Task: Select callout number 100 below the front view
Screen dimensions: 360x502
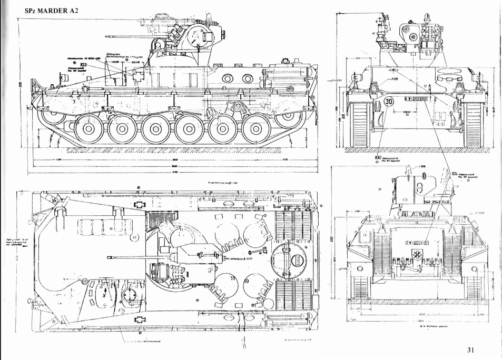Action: point(377,157)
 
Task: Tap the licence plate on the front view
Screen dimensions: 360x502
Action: point(418,98)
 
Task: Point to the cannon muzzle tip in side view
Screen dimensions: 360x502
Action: point(106,36)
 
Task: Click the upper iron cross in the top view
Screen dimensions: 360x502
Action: point(141,205)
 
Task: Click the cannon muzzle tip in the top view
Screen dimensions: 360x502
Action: point(108,257)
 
